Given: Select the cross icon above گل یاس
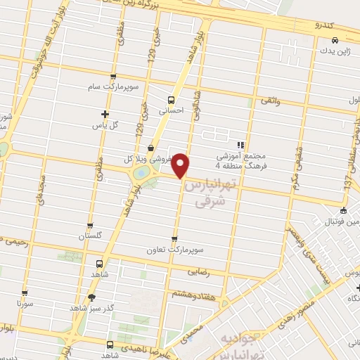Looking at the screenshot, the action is (x=105, y=114).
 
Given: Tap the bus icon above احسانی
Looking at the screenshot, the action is (x=170, y=99).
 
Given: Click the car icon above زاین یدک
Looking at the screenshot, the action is (x=335, y=41).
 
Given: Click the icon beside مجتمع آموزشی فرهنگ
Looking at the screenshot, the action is (x=239, y=145).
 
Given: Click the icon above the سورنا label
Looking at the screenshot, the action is (x=25, y=294).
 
